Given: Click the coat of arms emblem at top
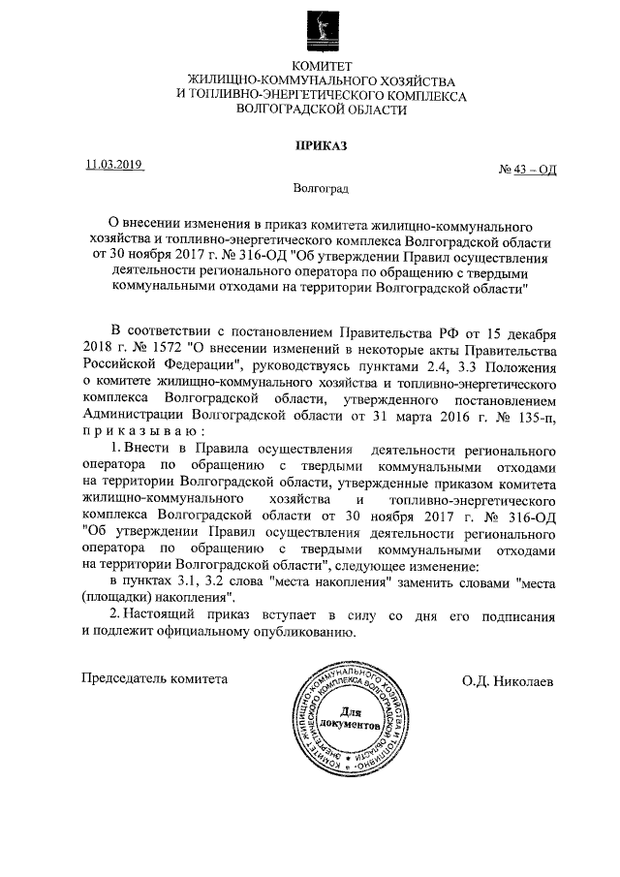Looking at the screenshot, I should (321, 28).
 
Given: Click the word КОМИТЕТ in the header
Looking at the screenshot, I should (321, 65).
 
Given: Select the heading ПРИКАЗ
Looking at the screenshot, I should (321, 146).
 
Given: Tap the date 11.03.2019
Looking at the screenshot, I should (113, 165).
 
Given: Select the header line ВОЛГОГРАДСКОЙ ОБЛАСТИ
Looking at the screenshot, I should (321, 111).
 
